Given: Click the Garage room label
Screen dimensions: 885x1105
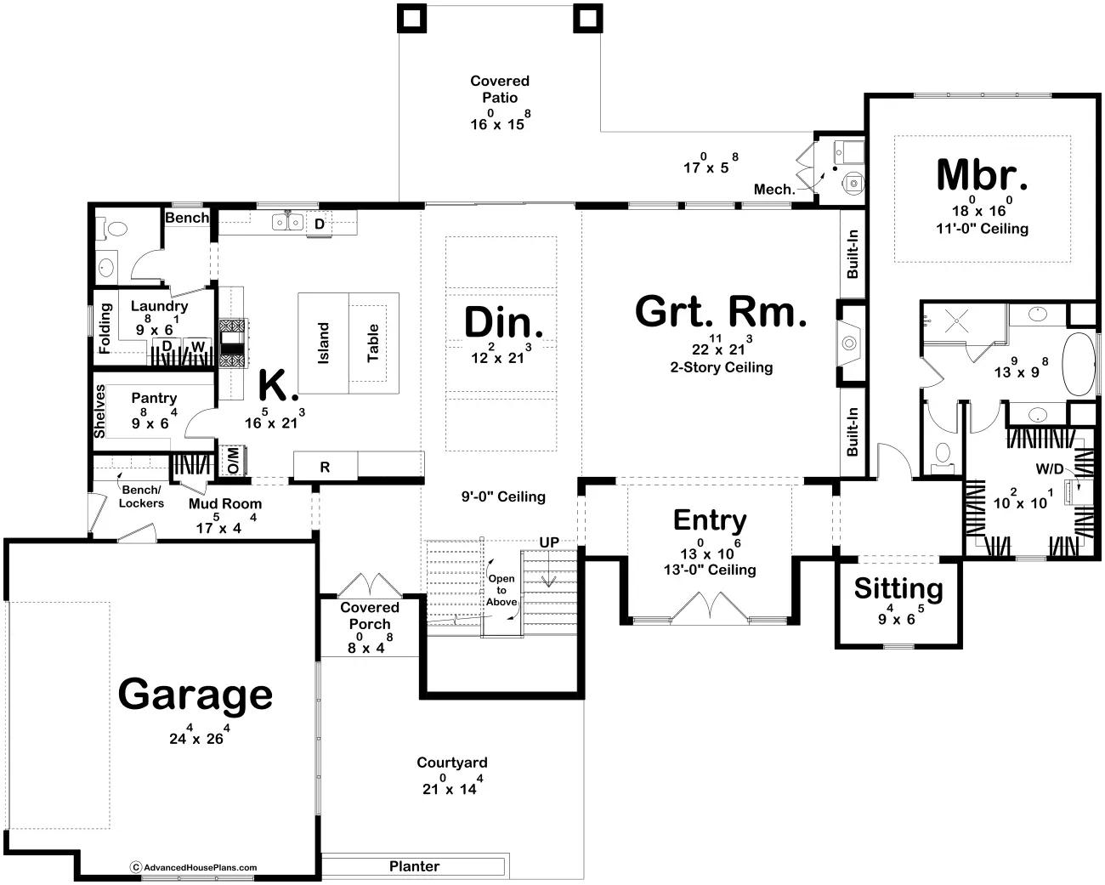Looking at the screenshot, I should pyautogui.click(x=195, y=695).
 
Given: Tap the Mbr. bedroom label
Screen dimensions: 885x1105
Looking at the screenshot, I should pyautogui.click(x=982, y=175).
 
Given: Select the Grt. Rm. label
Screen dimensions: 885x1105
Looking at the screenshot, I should pyautogui.click(x=721, y=312).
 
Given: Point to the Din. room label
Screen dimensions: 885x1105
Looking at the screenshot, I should pyautogui.click(x=503, y=323).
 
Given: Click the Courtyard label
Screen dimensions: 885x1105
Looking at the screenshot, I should pyautogui.click(x=451, y=763).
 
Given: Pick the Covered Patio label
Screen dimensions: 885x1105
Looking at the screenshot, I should pyautogui.click(x=500, y=89).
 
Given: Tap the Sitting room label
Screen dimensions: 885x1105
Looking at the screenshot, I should pyautogui.click(x=898, y=588).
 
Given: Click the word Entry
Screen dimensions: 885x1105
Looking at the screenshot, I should pyautogui.click(x=710, y=519).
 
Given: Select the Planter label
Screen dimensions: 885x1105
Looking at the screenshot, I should pyautogui.click(x=414, y=866).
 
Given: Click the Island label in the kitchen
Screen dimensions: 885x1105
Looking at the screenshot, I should pyautogui.click(x=323, y=343).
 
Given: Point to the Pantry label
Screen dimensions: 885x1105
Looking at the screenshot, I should pyautogui.click(x=154, y=398).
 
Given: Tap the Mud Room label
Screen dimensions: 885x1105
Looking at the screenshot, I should pyautogui.click(x=225, y=504).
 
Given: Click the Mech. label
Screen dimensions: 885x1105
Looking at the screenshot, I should pyautogui.click(x=773, y=190).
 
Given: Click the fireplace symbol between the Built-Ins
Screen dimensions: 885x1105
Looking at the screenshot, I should pyautogui.click(x=849, y=343).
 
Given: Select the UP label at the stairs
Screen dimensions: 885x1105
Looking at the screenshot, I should pyautogui.click(x=549, y=542).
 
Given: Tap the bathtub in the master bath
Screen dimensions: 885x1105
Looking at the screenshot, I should pyautogui.click(x=1082, y=365).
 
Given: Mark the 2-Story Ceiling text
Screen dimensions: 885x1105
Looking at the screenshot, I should pyautogui.click(x=721, y=367).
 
